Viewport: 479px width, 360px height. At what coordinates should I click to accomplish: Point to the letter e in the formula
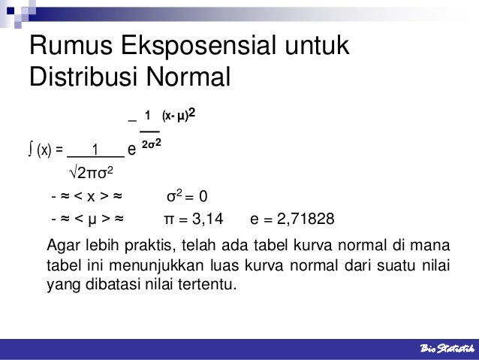pos(131,149)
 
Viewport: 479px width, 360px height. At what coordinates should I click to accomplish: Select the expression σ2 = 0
pos(192,198)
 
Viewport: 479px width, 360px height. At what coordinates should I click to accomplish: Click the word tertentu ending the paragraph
pos(203,286)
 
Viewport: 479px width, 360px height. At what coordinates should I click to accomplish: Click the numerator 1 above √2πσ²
pos(95,147)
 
